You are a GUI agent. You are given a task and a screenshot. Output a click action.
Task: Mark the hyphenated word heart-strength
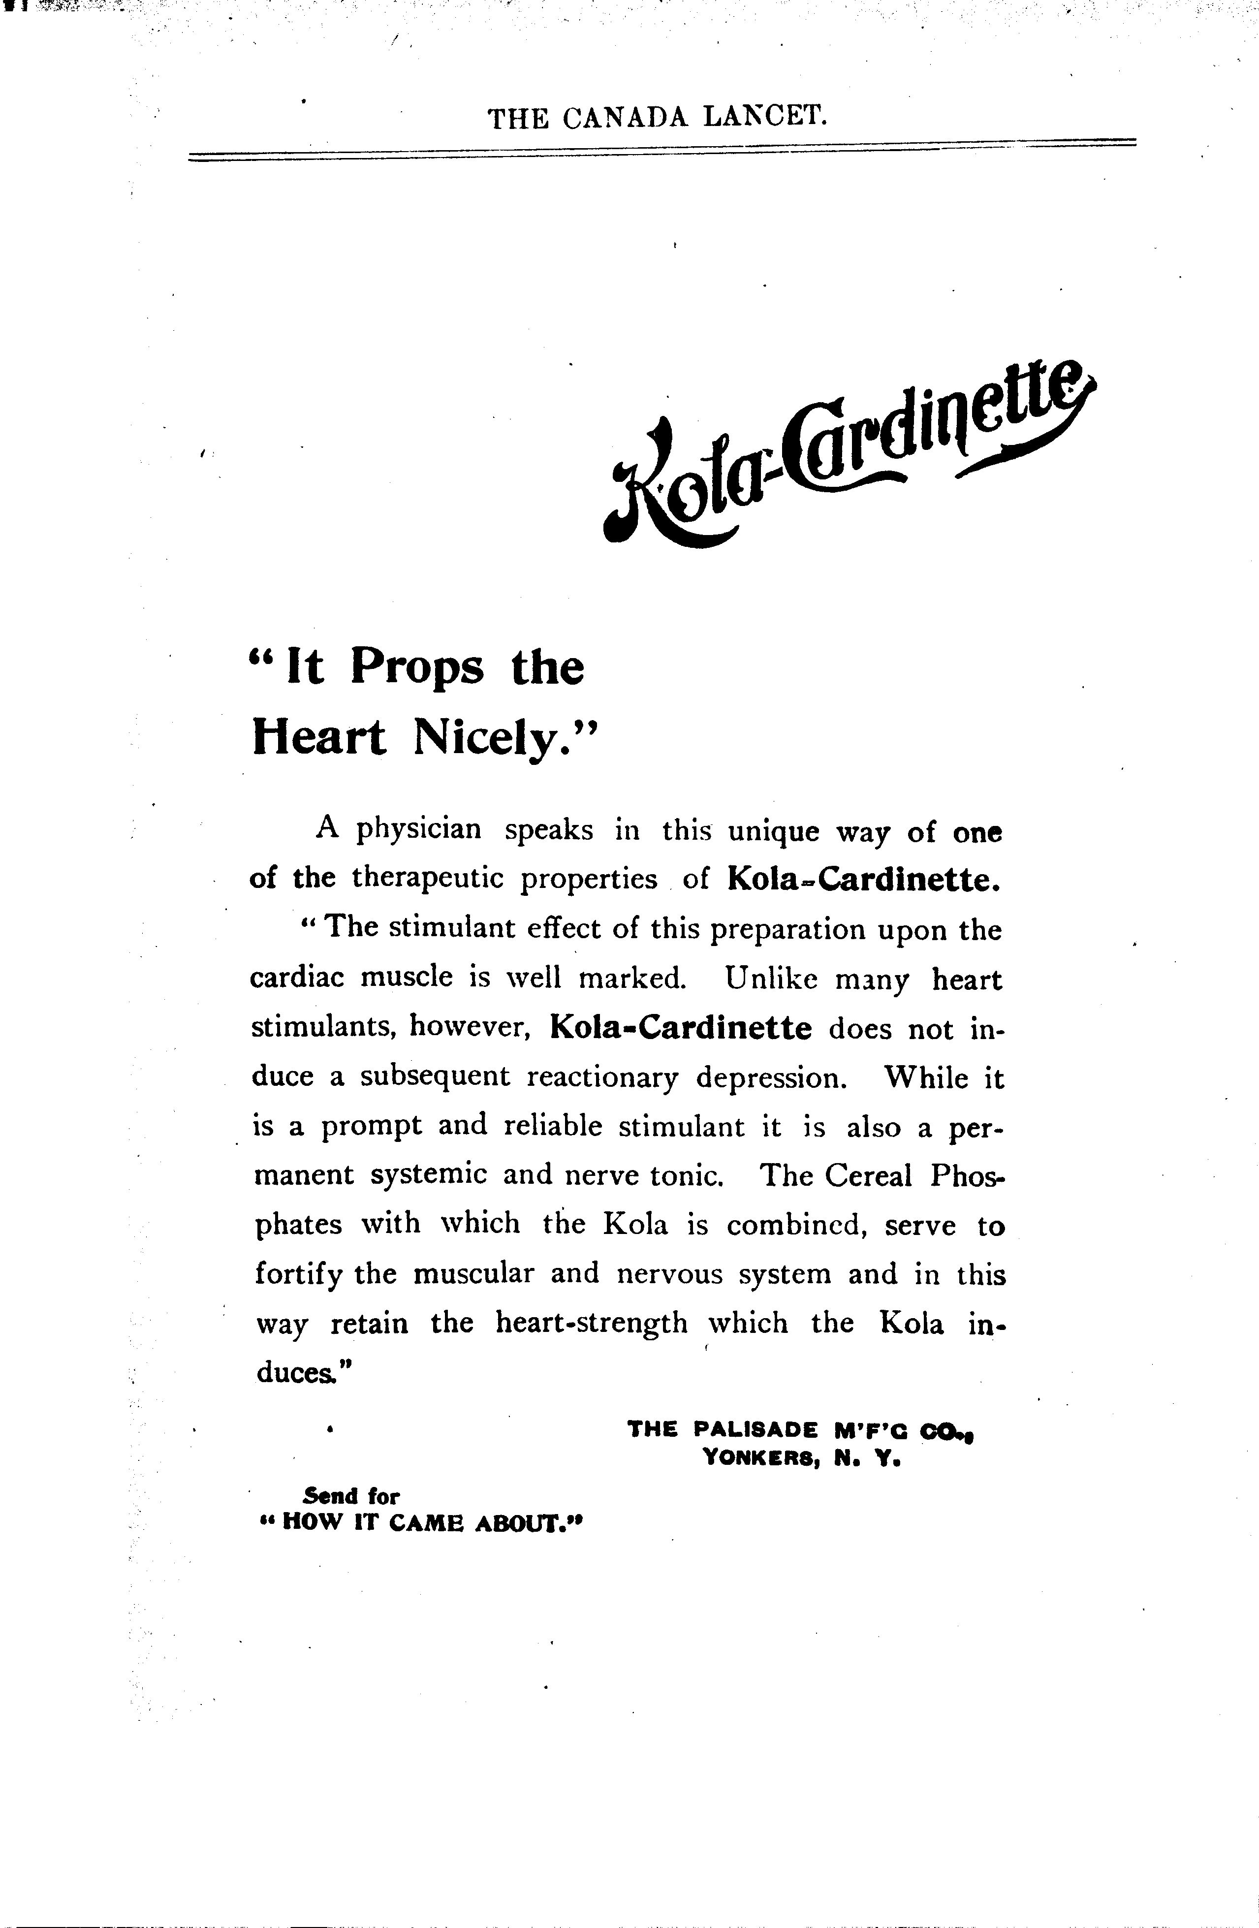tap(591, 1323)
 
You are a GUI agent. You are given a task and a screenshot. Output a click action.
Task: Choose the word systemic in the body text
tap(429, 1175)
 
